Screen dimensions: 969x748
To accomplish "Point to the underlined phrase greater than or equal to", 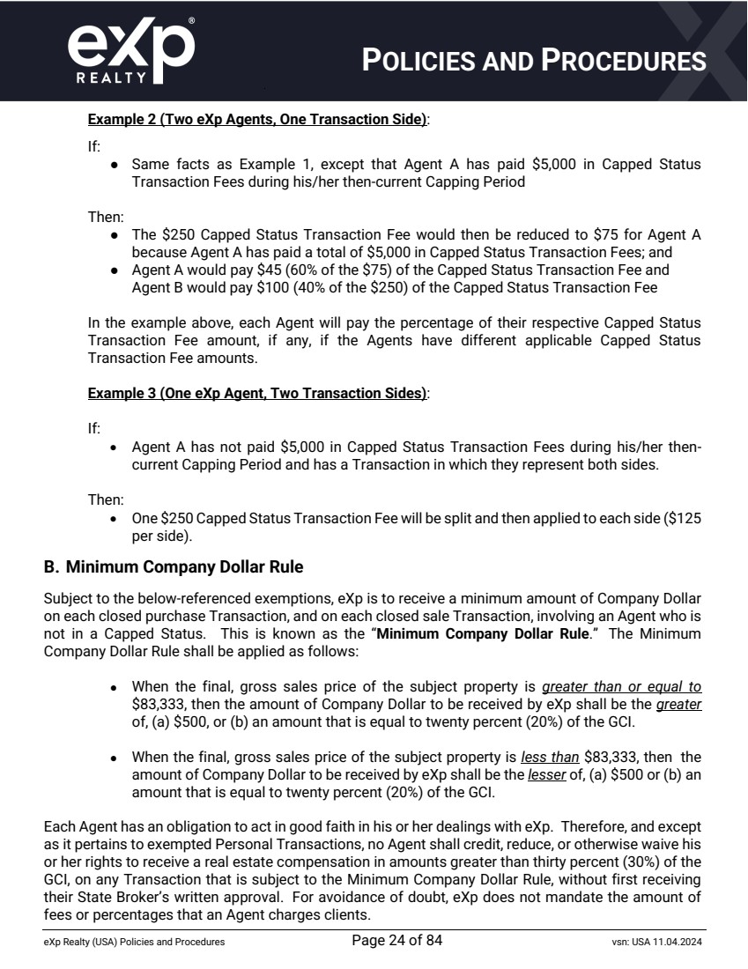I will click(621, 686).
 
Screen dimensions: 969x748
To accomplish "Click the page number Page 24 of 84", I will click(396, 941).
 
